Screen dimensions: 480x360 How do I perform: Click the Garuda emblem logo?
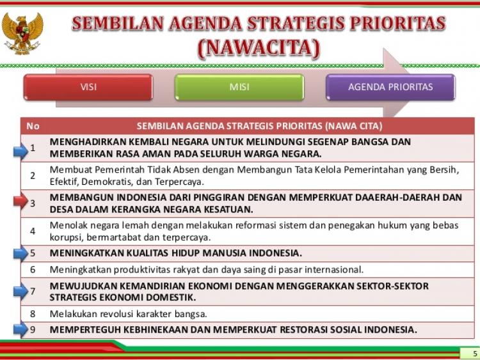pos(22,34)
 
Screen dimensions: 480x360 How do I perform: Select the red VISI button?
pos(88,87)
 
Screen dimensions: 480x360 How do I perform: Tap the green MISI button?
pos(239,87)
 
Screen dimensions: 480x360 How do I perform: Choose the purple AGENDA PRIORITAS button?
pos(390,87)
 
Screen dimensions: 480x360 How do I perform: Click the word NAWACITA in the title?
pos(259,49)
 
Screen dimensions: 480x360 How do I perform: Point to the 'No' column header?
pos(33,126)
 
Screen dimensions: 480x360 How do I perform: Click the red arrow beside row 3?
pos(21,201)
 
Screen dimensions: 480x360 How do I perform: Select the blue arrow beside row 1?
pos(21,151)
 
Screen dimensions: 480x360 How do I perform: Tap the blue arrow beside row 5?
pos(21,253)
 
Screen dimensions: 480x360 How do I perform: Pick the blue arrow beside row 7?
pos(21,291)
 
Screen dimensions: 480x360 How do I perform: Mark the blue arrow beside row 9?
pos(21,329)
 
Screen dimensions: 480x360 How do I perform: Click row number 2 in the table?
pos(33,176)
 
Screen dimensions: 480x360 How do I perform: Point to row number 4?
pos(33,231)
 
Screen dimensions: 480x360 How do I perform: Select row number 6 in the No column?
pos(33,269)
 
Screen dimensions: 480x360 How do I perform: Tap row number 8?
pos(33,314)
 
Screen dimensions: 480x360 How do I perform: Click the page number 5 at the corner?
pos(475,354)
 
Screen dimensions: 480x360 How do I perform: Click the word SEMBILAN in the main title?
pos(118,24)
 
